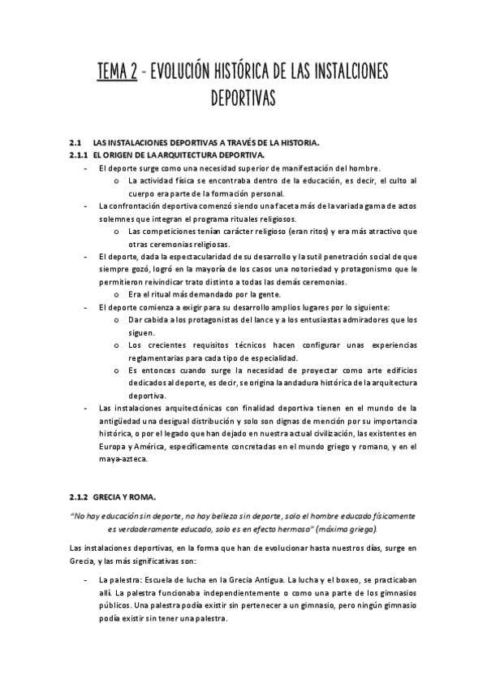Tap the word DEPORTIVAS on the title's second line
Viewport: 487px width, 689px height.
243,99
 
